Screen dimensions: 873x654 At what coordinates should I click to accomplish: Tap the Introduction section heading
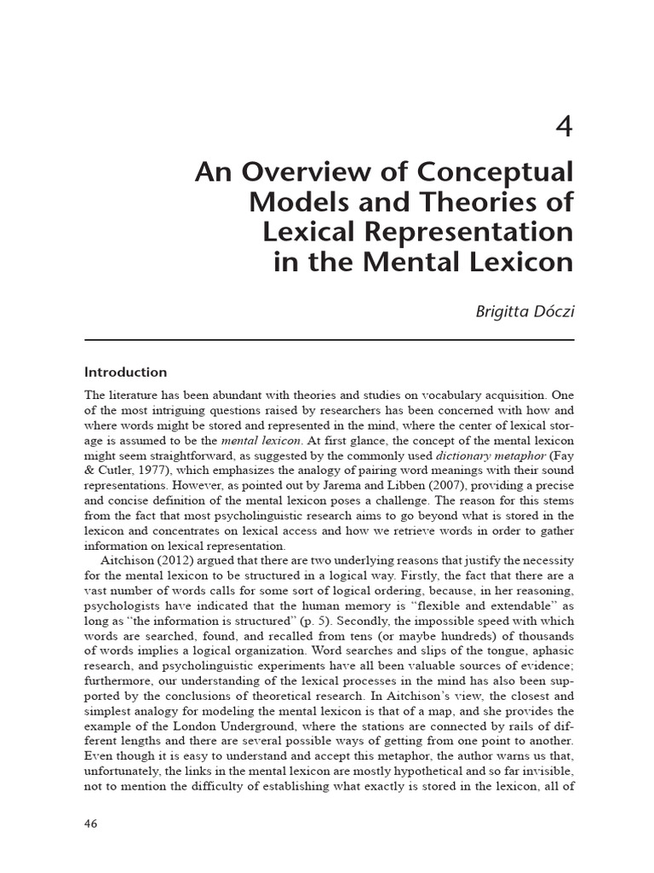pyautogui.click(x=125, y=373)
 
